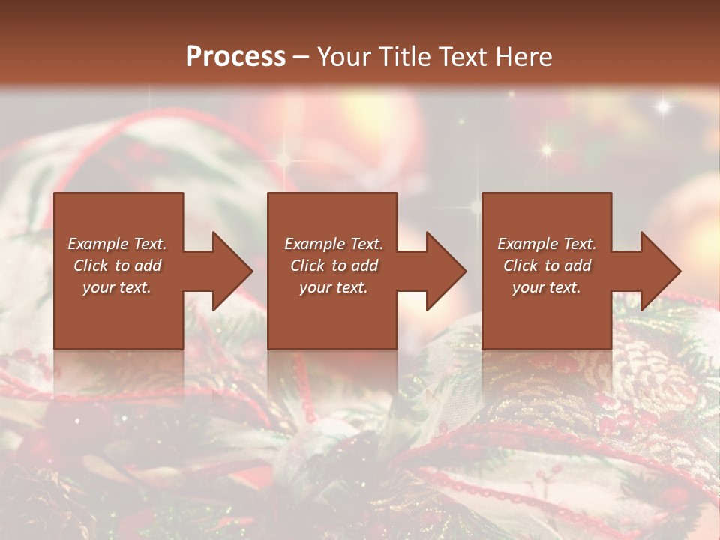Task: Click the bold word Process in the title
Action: [235, 56]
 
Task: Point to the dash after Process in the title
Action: [301, 58]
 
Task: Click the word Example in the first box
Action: [97, 244]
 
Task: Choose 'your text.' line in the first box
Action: [117, 287]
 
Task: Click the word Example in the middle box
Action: [313, 244]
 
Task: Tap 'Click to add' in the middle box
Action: [334, 265]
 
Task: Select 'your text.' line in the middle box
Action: [334, 287]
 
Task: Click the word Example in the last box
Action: [526, 244]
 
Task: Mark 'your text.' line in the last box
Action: [547, 287]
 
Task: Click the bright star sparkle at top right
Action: [662, 106]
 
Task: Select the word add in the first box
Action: [148, 265]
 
